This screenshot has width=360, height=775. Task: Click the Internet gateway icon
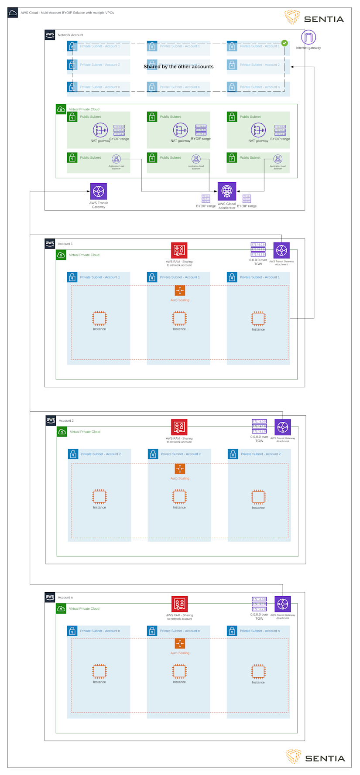(309, 37)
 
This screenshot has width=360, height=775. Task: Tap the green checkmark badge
(285, 43)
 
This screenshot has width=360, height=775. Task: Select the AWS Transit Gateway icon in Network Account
(99, 191)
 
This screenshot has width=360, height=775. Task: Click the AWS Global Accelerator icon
(227, 191)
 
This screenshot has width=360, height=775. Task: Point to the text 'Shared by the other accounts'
(178, 67)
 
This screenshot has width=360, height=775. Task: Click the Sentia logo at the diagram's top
(314, 17)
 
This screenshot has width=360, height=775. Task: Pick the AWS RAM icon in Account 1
(179, 250)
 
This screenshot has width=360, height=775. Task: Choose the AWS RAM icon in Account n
(179, 604)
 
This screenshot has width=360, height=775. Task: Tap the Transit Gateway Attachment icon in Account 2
(283, 427)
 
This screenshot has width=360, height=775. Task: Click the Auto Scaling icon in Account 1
(180, 290)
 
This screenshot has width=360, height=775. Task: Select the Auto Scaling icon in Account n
(180, 643)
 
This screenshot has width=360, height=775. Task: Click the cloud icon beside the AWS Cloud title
(13, 13)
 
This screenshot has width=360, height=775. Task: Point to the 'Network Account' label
(70, 35)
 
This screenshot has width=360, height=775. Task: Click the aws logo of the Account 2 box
(51, 420)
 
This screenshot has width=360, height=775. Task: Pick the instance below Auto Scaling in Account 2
(179, 496)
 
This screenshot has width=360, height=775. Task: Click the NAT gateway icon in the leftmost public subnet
(100, 130)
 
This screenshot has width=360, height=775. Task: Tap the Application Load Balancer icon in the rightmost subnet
(278, 159)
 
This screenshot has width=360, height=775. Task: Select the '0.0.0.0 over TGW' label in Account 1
(258, 262)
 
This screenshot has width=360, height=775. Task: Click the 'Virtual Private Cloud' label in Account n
(84, 608)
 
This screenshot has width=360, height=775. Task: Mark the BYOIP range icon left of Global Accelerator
(206, 198)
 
